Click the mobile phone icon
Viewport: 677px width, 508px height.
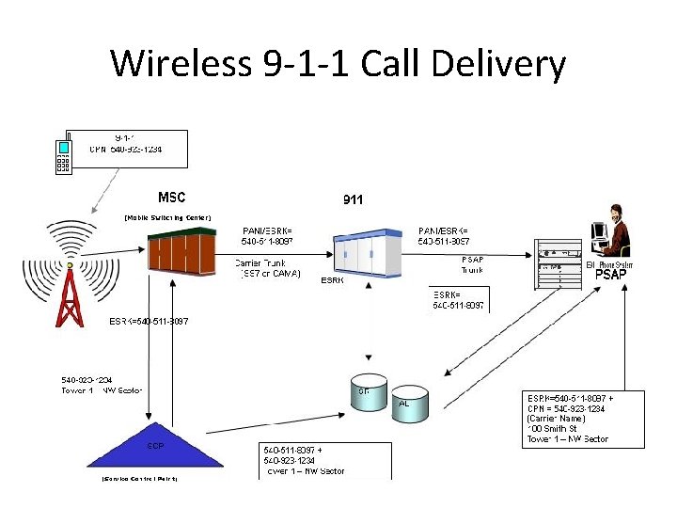(x=65, y=156)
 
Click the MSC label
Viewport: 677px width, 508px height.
(x=171, y=198)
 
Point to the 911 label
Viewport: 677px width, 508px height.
(x=353, y=199)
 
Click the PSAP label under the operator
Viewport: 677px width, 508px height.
(x=611, y=275)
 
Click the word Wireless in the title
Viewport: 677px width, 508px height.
(x=180, y=65)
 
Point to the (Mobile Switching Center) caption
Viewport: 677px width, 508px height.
(x=168, y=217)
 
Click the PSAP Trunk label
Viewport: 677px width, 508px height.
(x=472, y=264)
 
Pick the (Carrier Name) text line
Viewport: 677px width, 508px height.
(x=557, y=418)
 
